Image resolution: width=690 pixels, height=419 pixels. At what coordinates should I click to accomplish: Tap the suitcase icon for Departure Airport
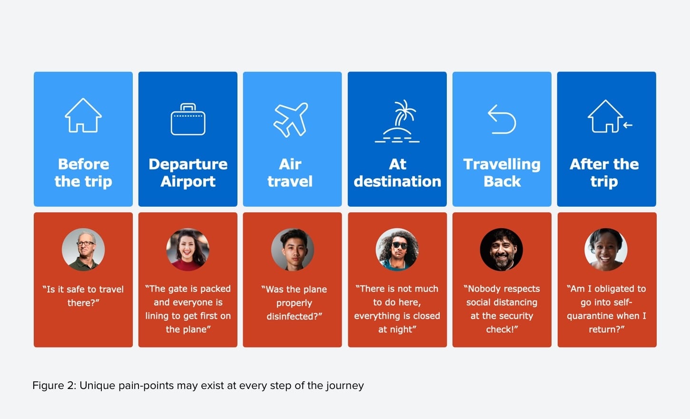pyautogui.click(x=188, y=120)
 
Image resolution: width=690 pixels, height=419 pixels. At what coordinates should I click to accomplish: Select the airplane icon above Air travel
pyautogui.click(x=291, y=120)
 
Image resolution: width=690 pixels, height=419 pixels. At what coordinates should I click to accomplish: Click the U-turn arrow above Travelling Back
pyautogui.click(x=502, y=120)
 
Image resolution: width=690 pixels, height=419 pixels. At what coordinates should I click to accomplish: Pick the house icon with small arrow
pyautogui.click(x=610, y=116)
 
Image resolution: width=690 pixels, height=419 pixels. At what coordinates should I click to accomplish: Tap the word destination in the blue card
pyautogui.click(x=397, y=181)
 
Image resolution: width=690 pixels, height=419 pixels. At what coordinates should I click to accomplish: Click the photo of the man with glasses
pyautogui.click(x=83, y=249)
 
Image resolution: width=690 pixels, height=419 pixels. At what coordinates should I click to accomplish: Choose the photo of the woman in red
pyautogui.click(x=188, y=249)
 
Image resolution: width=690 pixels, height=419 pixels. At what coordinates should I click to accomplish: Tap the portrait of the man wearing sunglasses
pyautogui.click(x=397, y=249)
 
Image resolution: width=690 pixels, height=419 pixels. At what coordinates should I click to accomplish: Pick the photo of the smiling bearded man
pyautogui.click(x=502, y=249)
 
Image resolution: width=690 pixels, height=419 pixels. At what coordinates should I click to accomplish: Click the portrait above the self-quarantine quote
pyautogui.click(x=606, y=249)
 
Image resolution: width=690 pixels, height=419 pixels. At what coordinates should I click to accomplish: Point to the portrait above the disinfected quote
pyautogui.click(x=293, y=249)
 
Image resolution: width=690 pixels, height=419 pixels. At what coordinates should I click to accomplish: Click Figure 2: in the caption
pyautogui.click(x=54, y=386)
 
